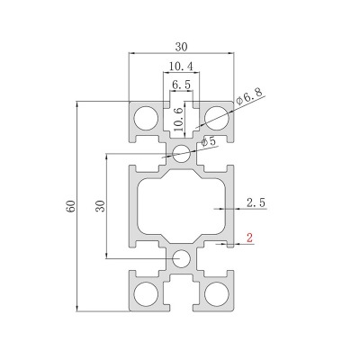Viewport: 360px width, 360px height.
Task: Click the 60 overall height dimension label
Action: [x=72, y=206]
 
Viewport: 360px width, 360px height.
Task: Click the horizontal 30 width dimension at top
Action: [x=181, y=47]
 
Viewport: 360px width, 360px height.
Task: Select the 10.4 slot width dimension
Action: [x=181, y=66]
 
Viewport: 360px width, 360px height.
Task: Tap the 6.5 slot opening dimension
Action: [x=181, y=85]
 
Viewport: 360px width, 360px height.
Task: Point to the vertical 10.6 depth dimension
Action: [x=179, y=120]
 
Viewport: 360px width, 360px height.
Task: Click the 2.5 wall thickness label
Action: [x=256, y=202]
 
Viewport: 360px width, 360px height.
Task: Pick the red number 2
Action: [x=249, y=238]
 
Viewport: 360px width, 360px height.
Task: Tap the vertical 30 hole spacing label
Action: [x=101, y=206]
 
